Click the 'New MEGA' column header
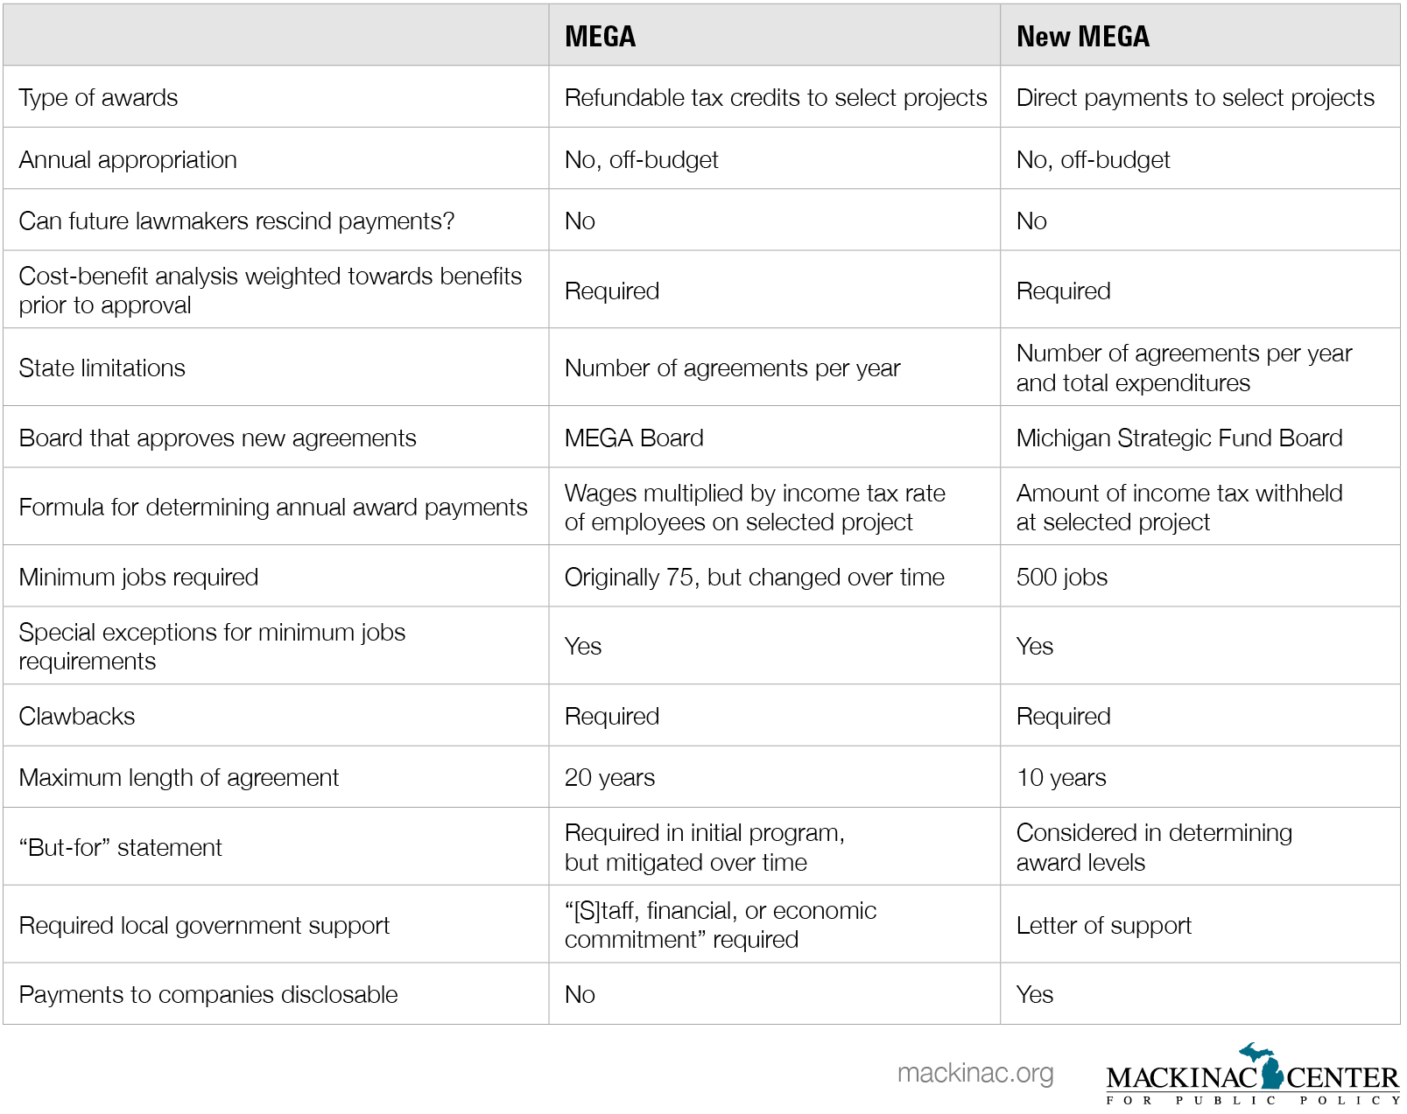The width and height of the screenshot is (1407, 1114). coord(1082,36)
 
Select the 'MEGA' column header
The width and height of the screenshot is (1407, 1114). coord(600,36)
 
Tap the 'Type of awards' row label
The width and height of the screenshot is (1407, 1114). coord(98,97)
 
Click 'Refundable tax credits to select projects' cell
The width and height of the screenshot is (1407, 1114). coord(775,97)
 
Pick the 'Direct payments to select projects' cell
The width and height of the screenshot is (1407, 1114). coord(1194,97)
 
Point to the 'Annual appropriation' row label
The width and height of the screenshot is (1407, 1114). coord(128,159)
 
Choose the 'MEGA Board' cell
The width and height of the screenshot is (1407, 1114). coord(634,438)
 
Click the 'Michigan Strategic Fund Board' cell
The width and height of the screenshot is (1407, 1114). coord(1178,438)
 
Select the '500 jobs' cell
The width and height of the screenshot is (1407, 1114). coord(1061,577)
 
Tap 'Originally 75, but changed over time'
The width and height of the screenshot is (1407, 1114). coord(754,577)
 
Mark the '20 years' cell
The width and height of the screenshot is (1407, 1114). coord(609,777)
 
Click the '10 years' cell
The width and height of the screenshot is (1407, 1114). coord(1061,777)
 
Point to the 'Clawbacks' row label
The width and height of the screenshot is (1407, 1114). coord(77,716)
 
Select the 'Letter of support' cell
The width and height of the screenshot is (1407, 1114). coord(1103,925)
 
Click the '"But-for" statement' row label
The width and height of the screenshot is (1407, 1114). coord(121,847)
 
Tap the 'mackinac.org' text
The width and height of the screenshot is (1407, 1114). coord(975,1073)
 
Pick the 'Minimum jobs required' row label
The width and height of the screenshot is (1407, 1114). coord(138,577)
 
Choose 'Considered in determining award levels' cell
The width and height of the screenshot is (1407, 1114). coord(1153,847)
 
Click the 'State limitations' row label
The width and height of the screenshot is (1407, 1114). coord(102,368)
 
